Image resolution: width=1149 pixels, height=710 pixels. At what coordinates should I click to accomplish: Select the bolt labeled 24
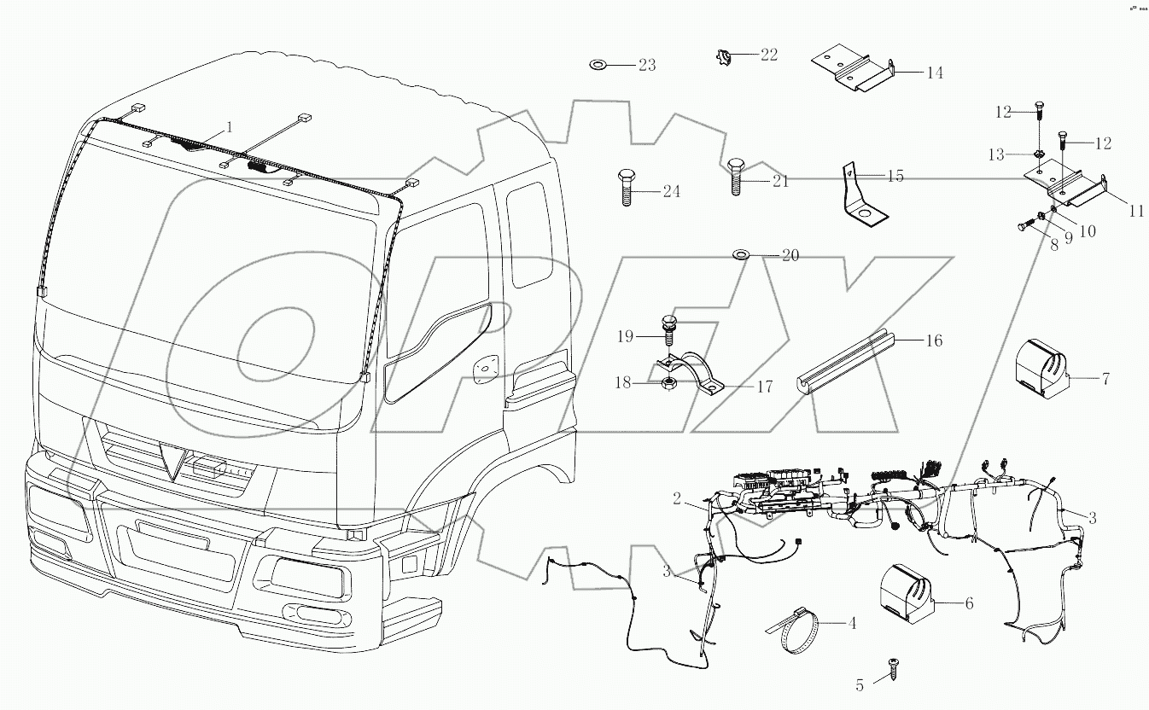pyautogui.click(x=623, y=189)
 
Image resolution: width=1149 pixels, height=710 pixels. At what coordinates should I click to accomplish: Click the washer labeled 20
pyautogui.click(x=740, y=254)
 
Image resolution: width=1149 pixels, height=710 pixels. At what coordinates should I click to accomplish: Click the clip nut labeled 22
pyautogui.click(x=722, y=57)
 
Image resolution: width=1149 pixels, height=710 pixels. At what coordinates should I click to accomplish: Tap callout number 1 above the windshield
pyautogui.click(x=229, y=129)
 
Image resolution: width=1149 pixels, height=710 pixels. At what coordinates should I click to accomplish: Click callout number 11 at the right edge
pyautogui.click(x=1135, y=212)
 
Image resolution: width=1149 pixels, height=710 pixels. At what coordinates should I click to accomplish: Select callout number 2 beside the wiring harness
pyautogui.click(x=676, y=499)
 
